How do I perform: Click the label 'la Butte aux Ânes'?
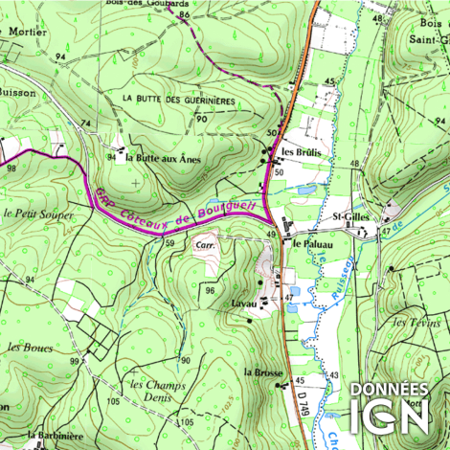click(x=163, y=159)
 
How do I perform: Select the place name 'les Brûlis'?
click(x=300, y=152)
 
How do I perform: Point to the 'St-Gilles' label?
click(x=349, y=218)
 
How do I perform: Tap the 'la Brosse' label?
click(x=260, y=371)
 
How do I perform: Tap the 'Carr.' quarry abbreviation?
click(x=203, y=245)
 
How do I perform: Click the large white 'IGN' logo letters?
click(x=392, y=417)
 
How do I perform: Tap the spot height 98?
click(x=11, y=169)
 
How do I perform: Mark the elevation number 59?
click(x=170, y=245)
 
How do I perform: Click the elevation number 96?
click(x=210, y=289)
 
